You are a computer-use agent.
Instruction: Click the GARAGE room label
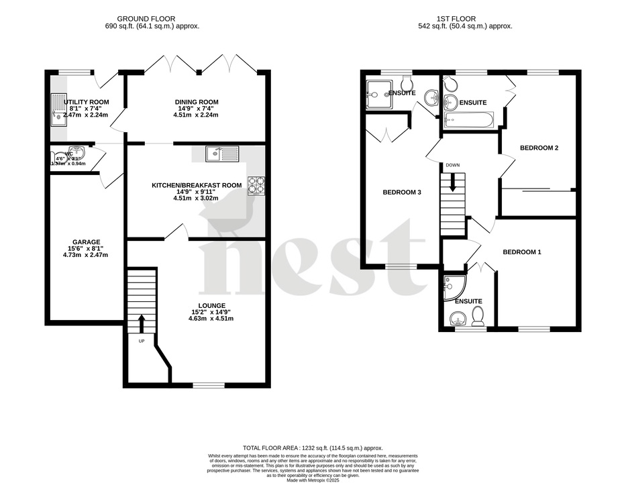click(86, 241)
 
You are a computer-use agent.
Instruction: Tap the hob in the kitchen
click(257, 184)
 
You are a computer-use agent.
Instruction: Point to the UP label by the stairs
click(142, 341)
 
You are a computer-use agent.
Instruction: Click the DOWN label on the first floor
click(453, 165)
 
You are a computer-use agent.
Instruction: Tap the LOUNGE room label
click(211, 305)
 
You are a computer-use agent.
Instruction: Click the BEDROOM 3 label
click(402, 193)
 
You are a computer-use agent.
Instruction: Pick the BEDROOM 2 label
click(539, 148)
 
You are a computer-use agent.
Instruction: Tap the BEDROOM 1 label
click(522, 252)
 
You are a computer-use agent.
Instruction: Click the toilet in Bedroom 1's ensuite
click(478, 317)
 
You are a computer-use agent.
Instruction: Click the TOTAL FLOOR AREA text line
click(313, 447)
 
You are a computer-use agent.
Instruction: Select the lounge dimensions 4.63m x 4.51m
click(211, 318)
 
